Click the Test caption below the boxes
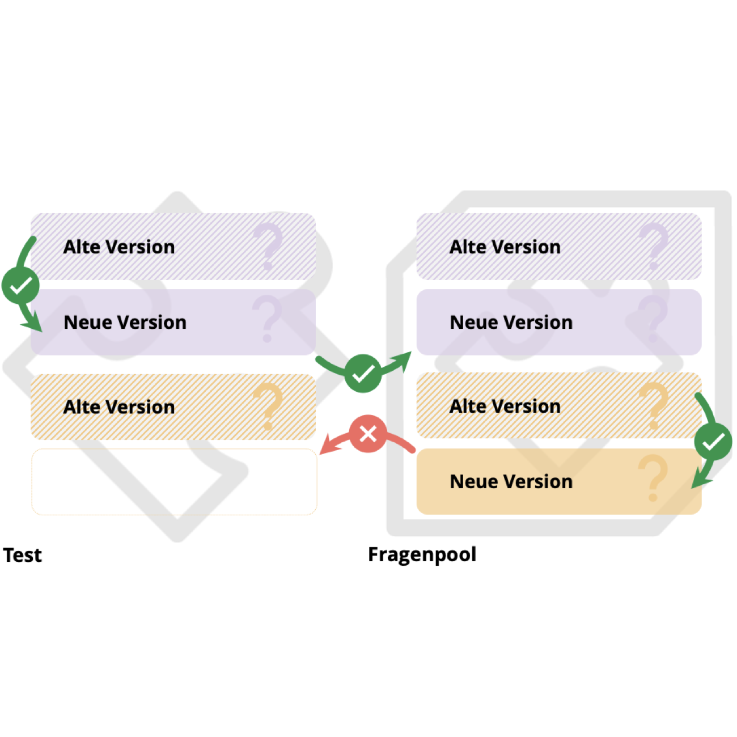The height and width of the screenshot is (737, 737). click(23, 555)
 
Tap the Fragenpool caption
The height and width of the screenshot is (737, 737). click(422, 554)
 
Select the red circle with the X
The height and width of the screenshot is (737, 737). click(368, 435)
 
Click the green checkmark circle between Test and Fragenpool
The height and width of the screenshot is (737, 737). click(363, 374)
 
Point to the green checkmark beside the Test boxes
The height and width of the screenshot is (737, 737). click(20, 286)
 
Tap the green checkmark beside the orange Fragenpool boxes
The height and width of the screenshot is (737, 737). click(713, 442)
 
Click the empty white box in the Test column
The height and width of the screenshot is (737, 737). click(174, 482)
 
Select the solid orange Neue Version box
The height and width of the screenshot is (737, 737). click(558, 482)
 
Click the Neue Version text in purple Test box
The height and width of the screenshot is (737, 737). click(125, 323)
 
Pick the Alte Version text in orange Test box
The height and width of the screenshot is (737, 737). click(119, 407)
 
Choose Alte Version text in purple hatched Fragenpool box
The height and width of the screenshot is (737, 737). click(505, 247)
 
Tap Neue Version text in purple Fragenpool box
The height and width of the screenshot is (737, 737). click(511, 323)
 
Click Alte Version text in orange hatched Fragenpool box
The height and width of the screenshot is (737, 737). click(505, 406)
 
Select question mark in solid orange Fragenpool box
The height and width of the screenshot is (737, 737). click(653, 479)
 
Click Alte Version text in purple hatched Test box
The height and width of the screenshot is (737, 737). click(119, 247)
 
